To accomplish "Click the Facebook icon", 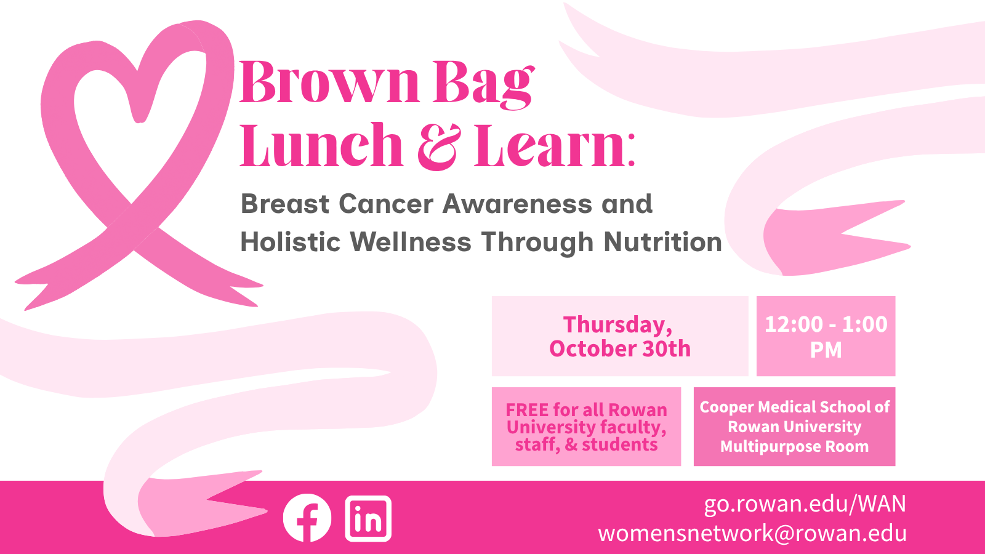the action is pyautogui.click(x=307, y=518).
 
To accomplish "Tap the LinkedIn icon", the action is pyautogui.click(x=368, y=518).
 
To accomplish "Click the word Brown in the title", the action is pyautogui.click(x=329, y=82).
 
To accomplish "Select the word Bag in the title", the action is pyautogui.click(x=484, y=86).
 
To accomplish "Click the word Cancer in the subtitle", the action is pyautogui.click(x=386, y=204).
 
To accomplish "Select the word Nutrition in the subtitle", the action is pyautogui.click(x=662, y=242).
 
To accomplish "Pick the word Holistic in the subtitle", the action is pyautogui.click(x=290, y=242).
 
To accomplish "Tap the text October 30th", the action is pyautogui.click(x=620, y=348).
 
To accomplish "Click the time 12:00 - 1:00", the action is pyautogui.click(x=826, y=324).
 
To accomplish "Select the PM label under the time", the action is pyautogui.click(x=826, y=350).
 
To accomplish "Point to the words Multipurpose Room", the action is pyautogui.click(x=794, y=447).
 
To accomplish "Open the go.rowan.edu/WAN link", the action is pyautogui.click(x=805, y=504).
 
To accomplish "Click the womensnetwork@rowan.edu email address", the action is pyautogui.click(x=752, y=533).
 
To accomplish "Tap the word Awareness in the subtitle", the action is pyautogui.click(x=517, y=204).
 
